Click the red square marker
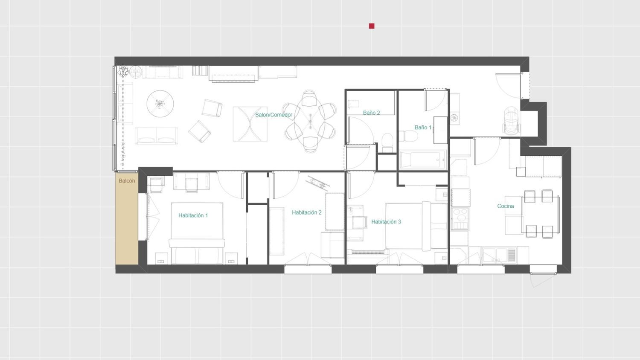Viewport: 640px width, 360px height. tap(372, 26)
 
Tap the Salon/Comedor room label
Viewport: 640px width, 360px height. tap(273, 115)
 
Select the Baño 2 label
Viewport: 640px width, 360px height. tap(372, 113)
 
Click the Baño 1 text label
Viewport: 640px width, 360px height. tap(423, 128)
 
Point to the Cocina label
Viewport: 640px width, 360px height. tap(506, 206)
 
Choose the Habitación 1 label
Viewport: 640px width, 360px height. tap(193, 215)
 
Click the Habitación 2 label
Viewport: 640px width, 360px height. tap(307, 212)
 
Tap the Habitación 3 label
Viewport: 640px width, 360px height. tap(386, 222)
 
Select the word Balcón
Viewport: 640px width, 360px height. tap(127, 181)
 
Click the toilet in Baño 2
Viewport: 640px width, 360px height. tap(388, 142)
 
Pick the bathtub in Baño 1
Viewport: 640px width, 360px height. tap(423, 160)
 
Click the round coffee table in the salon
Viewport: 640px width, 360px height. tap(160, 104)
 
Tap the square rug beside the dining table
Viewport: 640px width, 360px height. tap(250, 124)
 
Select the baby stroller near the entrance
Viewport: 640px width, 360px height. tap(512, 121)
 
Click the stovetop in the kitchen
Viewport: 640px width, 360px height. tap(460, 218)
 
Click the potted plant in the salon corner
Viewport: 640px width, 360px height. tap(123, 71)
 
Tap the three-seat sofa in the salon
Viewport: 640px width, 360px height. tap(156, 136)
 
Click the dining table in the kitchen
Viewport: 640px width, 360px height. tap(540, 214)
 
